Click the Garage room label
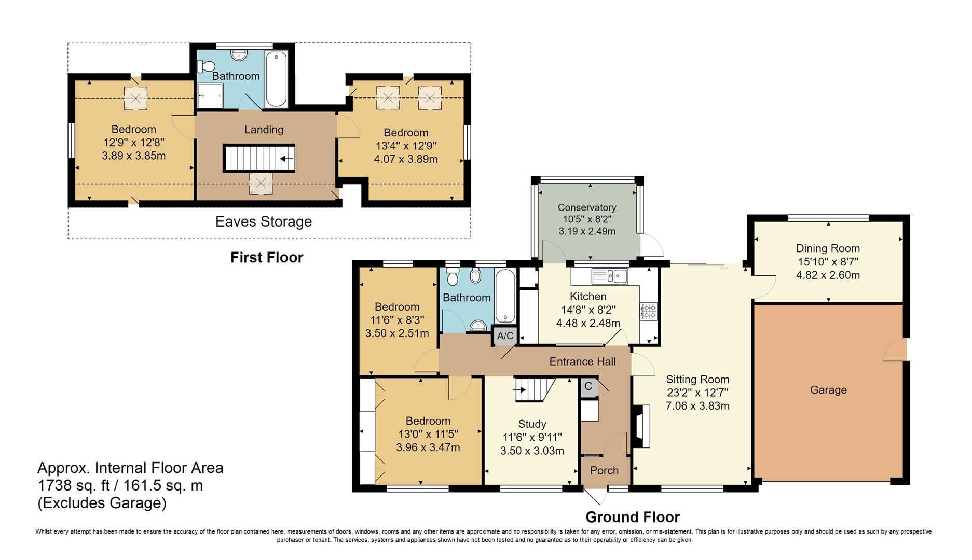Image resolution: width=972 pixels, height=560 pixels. point(828,390)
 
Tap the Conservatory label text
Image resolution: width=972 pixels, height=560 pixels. point(587,207)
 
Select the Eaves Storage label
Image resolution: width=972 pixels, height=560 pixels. point(264,222)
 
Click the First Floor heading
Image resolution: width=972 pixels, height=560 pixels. point(267,258)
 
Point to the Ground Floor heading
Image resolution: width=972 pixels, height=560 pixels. point(633,517)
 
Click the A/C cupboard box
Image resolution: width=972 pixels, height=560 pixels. point(505,335)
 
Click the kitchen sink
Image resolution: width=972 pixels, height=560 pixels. point(610,276)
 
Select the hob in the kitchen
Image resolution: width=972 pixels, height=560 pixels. point(649,311)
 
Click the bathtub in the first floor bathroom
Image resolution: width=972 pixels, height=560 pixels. point(277,79)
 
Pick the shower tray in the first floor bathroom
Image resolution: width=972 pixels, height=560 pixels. point(210,96)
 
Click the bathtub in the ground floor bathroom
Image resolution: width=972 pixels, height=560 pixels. point(505,296)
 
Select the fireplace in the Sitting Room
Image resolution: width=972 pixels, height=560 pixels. point(641,426)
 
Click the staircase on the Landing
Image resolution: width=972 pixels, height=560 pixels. point(259,158)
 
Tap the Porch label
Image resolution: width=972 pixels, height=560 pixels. point(605,470)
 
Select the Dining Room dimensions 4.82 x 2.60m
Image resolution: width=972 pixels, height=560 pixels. point(828,275)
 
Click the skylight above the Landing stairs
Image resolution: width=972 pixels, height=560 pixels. point(261,183)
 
